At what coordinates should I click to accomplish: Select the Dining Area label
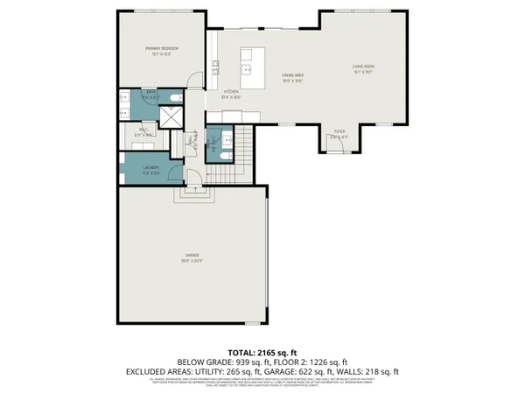[x=292, y=76]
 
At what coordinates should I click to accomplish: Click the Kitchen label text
[x=231, y=92]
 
